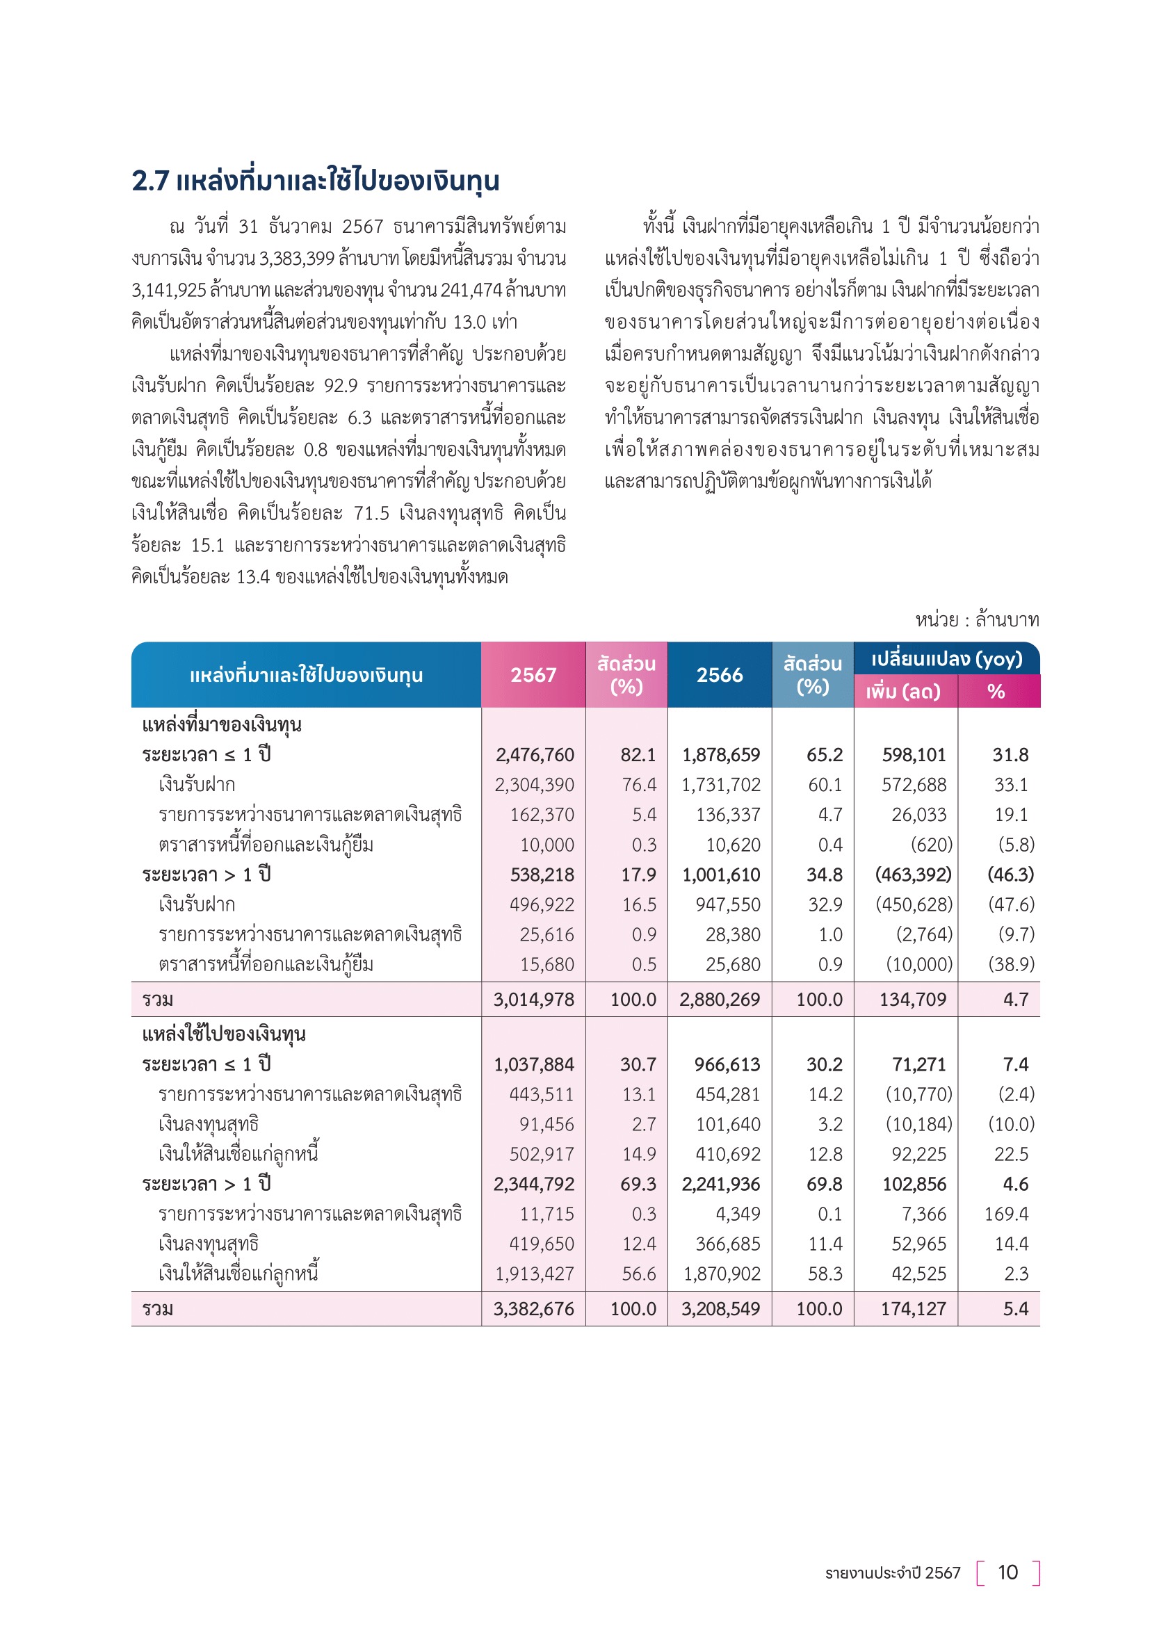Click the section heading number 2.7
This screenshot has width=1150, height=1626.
point(150,181)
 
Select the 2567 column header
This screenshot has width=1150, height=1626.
point(533,675)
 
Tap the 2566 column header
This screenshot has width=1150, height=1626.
point(720,675)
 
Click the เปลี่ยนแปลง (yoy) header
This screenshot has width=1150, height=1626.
point(947,659)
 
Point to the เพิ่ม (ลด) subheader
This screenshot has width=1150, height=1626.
point(903,692)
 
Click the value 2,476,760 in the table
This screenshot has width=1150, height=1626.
point(535,755)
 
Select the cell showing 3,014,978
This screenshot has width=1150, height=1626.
point(534,999)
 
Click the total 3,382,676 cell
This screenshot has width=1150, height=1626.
point(534,1309)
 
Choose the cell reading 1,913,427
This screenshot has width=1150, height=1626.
point(535,1274)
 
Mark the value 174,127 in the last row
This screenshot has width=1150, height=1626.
point(914,1309)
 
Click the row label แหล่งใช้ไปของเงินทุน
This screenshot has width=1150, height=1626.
point(224,1034)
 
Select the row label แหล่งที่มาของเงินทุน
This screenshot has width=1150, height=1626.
point(222,725)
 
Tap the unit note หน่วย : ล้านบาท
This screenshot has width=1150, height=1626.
point(977,620)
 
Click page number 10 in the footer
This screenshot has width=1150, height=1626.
point(1007,1572)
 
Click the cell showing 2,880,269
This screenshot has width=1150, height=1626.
point(720,999)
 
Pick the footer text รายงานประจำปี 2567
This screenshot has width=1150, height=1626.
point(892,1573)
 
